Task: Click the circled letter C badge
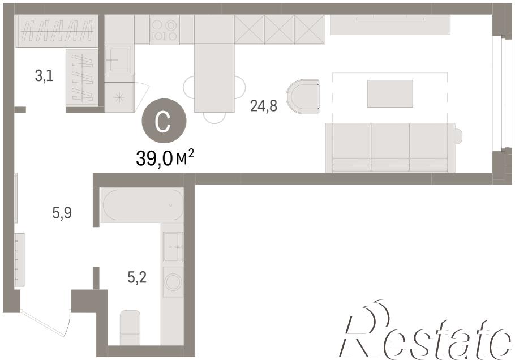click(164, 121)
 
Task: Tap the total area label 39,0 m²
click(165, 158)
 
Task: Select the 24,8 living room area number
click(264, 106)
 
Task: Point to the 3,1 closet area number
click(44, 76)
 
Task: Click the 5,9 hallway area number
click(62, 213)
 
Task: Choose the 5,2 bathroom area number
click(137, 278)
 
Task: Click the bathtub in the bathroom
click(142, 205)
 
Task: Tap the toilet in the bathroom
click(130, 328)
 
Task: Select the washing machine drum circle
click(173, 282)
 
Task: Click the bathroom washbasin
click(173, 247)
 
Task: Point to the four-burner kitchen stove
click(165, 29)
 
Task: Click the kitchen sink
click(119, 60)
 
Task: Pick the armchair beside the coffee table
click(303, 97)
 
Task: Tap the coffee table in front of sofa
click(390, 93)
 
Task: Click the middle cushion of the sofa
click(390, 147)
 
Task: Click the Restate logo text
click(426, 330)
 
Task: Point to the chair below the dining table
click(214, 118)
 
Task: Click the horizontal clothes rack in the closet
click(56, 31)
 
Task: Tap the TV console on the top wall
click(390, 25)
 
